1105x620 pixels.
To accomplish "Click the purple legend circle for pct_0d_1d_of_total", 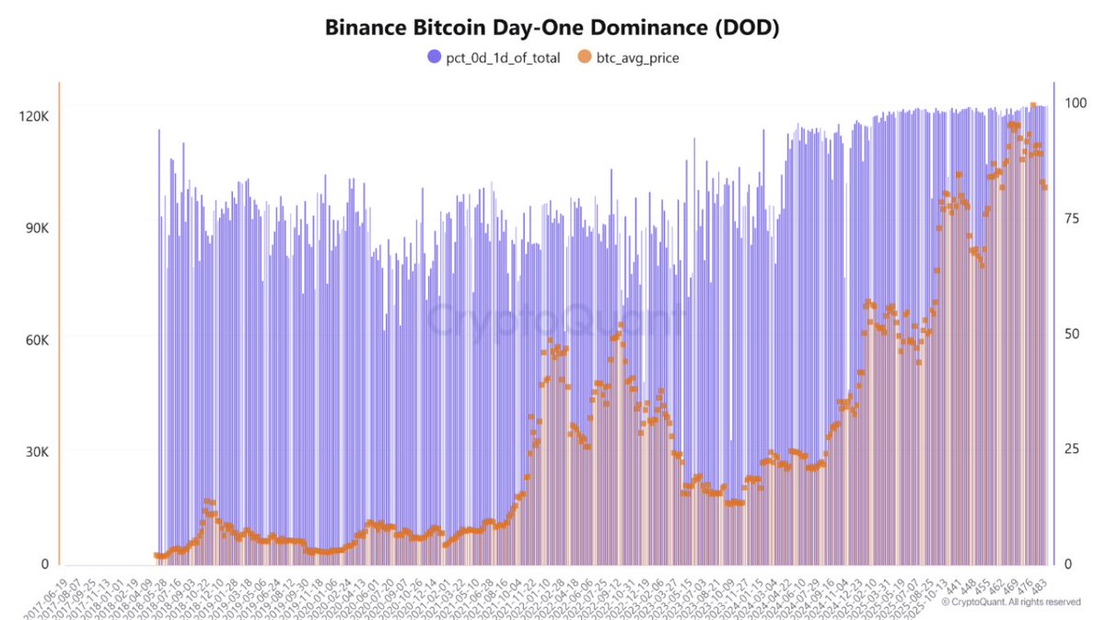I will pos(435,58).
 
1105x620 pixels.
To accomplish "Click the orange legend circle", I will pos(584,58).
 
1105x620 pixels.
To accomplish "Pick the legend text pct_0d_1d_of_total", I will pos(501,58).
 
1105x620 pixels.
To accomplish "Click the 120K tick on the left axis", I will pos(34,116).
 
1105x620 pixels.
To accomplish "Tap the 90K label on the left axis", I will pos(37,228).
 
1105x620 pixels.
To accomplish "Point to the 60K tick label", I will pos(37,340).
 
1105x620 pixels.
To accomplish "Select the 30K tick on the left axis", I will pos(37,452).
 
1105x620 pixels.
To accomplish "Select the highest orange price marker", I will pos(1033,105).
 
